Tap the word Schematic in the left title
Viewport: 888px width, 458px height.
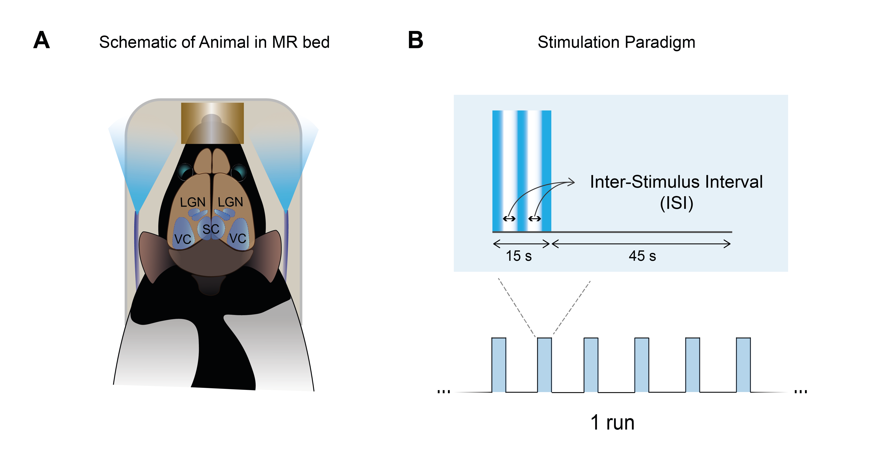pyautogui.click(x=138, y=42)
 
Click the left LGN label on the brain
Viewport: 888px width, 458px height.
pyautogui.click(x=193, y=202)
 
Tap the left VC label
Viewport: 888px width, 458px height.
pyautogui.click(x=183, y=239)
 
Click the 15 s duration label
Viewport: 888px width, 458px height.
pyautogui.click(x=519, y=256)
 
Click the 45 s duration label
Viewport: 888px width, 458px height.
pyautogui.click(x=642, y=256)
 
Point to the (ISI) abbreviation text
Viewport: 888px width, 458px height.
pyautogui.click(x=676, y=203)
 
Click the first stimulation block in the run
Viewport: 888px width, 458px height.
pyautogui.click(x=498, y=365)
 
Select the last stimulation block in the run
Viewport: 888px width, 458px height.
pyautogui.click(x=743, y=365)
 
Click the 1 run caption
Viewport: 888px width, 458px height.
pyautogui.click(x=612, y=423)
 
